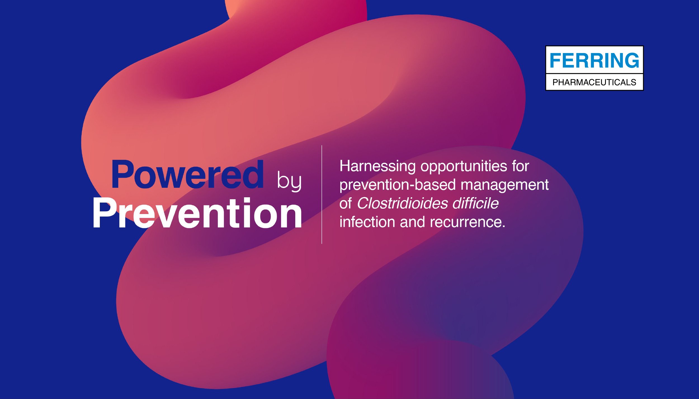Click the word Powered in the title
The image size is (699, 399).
187,174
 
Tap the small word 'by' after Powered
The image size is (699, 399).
289,181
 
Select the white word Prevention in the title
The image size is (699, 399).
197,213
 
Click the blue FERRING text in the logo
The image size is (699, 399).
594,60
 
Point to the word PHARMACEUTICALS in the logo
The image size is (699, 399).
594,82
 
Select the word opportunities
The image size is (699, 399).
464,167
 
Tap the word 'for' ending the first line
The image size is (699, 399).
521,166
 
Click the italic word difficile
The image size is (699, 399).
476,203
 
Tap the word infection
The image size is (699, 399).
367,222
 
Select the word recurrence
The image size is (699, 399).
466,222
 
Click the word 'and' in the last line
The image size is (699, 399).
412,222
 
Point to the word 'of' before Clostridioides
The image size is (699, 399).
346,203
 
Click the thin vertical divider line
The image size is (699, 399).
322,194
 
